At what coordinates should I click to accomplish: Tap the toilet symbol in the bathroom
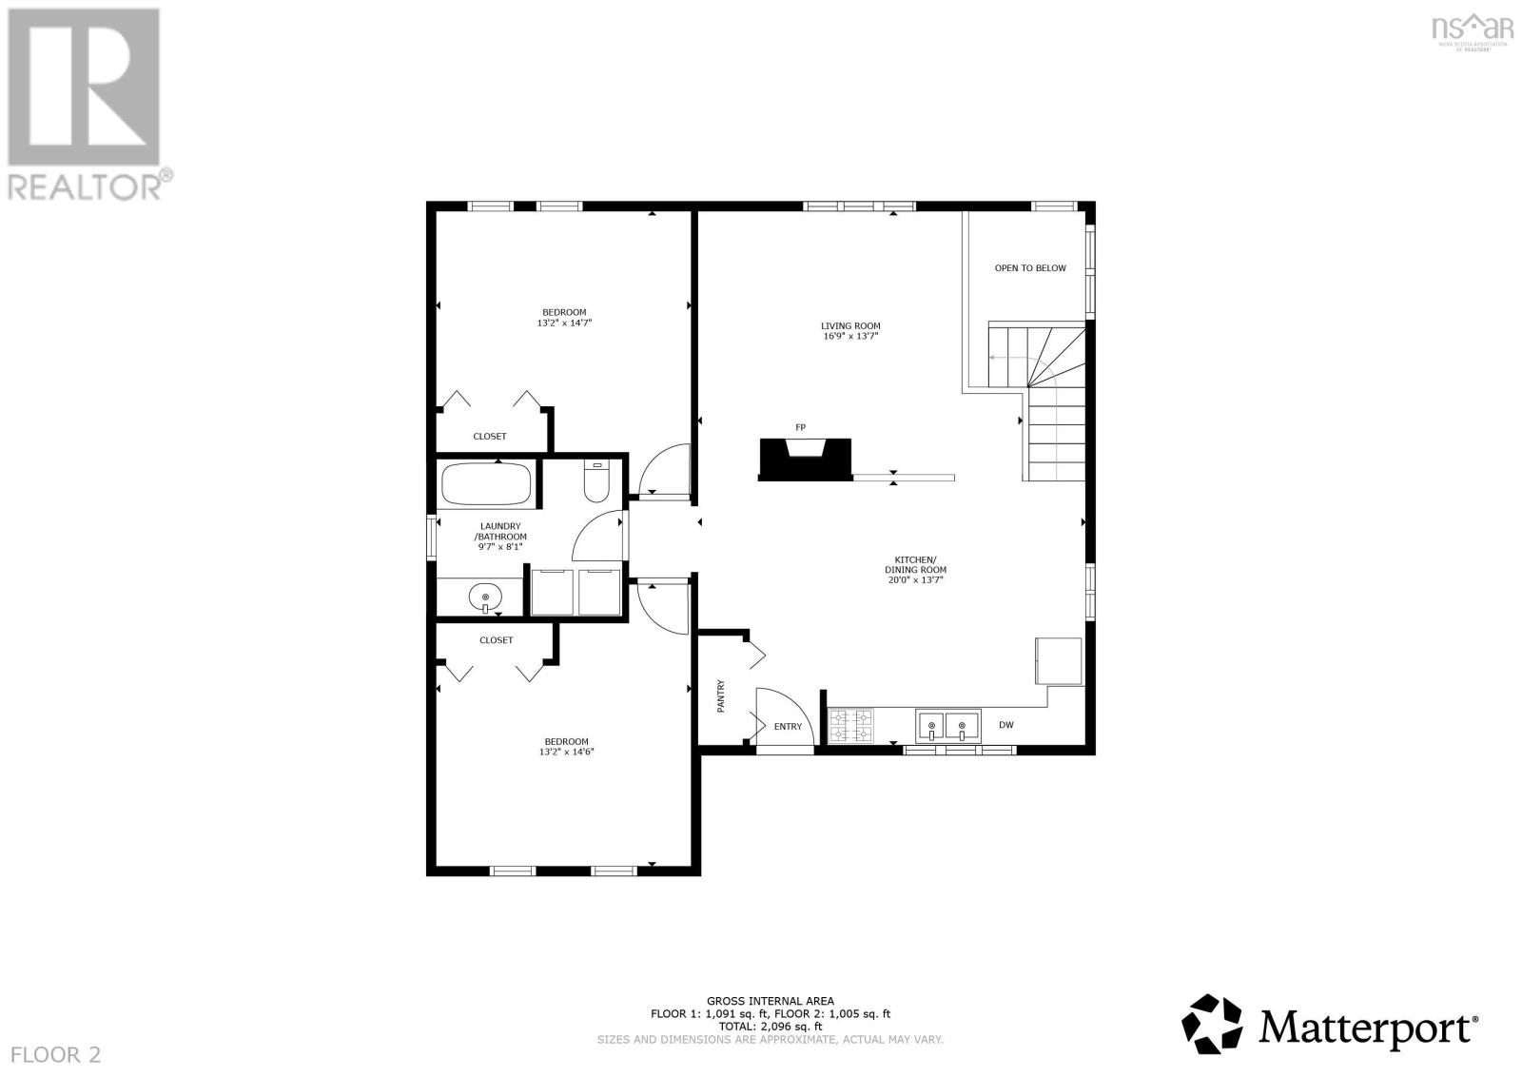pos(596,483)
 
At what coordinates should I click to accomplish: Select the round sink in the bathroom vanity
pos(485,597)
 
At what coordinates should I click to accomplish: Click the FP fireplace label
pos(800,427)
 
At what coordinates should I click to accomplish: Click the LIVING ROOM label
pos(850,325)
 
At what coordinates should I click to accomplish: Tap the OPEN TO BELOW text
pos(1030,268)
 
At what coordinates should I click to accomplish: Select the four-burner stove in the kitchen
pos(850,726)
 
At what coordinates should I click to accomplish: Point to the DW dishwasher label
pos(1005,725)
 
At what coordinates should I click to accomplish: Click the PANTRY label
pos(720,695)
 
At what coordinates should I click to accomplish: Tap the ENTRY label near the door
pos(788,727)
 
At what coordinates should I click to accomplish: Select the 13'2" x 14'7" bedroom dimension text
pos(565,323)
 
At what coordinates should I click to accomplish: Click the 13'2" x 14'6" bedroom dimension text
pos(566,753)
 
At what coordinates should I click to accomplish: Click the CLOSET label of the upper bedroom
pos(490,437)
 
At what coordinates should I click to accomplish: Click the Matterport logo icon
pos(1212,1025)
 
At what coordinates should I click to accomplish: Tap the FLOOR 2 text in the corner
pos(55,1054)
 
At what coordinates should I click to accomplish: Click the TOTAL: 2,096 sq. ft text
pos(770,1027)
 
